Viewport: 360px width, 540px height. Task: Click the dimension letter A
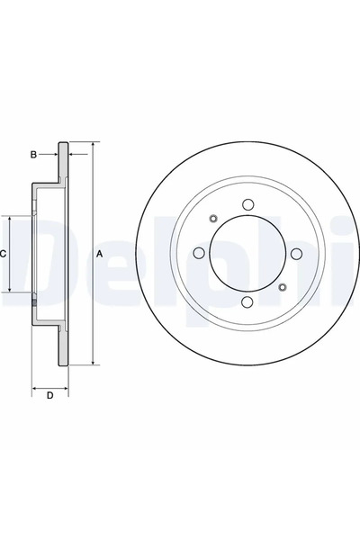coord(100,255)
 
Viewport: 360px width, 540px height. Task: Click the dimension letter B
coord(33,155)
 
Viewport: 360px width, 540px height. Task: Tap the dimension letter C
coord(4,255)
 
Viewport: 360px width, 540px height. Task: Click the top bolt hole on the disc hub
coord(247,204)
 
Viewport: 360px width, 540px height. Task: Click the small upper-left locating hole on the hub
coord(212,218)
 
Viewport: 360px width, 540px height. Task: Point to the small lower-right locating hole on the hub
coord(283,288)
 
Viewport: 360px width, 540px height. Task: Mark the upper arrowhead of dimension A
coord(92,145)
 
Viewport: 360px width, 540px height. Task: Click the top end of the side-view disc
coord(63,144)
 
